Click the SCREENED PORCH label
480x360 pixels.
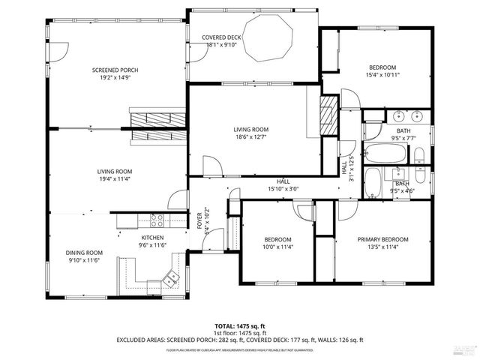pos(115,70)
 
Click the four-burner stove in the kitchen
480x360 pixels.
pos(157,220)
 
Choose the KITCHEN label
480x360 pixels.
pos(151,237)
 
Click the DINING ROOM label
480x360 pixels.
pos(84,253)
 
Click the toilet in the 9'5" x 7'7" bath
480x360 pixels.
pos(419,155)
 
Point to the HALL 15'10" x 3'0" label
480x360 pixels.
pos(283,185)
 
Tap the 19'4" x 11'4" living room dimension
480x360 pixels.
pos(114,178)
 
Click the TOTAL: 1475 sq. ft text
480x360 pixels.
pos(240,326)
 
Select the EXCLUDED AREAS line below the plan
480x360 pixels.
pos(240,340)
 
